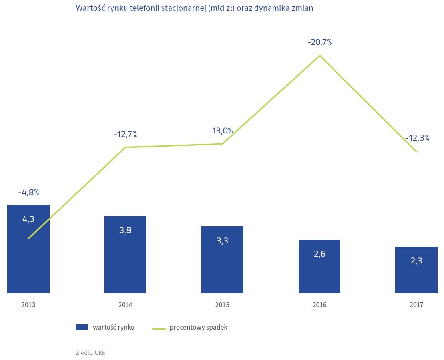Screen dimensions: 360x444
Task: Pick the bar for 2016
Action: pyautogui.click(x=319, y=276)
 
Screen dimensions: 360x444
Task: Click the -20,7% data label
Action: pyautogui.click(x=319, y=42)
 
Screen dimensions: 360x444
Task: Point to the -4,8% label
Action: pyautogui.click(x=28, y=193)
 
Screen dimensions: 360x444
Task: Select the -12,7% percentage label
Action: pyautogui.click(x=125, y=135)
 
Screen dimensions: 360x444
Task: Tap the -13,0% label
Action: pyautogui.click(x=221, y=131)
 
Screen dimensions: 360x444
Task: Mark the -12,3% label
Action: pyautogui.click(x=417, y=138)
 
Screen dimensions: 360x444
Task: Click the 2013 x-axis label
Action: pyautogui.click(x=28, y=305)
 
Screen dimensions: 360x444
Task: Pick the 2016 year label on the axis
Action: pyautogui.click(x=319, y=305)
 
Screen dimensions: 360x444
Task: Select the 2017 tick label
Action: pyautogui.click(x=416, y=305)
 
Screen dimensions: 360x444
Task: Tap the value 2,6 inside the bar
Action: pyautogui.click(x=319, y=254)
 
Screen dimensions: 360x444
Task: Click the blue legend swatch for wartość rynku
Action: pyautogui.click(x=82, y=327)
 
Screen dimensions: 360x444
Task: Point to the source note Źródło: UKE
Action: pyautogui.click(x=90, y=353)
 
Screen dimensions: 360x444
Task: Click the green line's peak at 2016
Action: pyautogui.click(x=319, y=55)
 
